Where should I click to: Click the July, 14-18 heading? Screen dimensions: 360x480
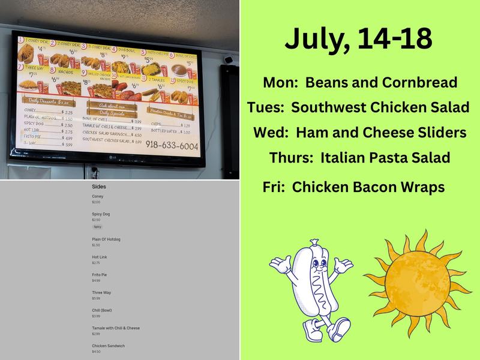tap(358, 38)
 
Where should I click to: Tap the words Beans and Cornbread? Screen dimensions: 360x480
tap(382, 83)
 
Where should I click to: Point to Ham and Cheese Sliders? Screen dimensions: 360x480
tap(381, 133)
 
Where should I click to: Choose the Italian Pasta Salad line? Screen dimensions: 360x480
tap(385, 158)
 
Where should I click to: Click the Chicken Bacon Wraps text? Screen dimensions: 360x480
tap(368, 187)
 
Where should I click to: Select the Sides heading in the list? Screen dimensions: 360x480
tap(99, 187)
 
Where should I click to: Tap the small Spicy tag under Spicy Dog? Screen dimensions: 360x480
tap(98, 227)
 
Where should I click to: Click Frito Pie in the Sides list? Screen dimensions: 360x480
tap(100, 275)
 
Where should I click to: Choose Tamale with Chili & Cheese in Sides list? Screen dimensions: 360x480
tap(116, 328)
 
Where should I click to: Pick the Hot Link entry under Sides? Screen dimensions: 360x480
tap(100, 257)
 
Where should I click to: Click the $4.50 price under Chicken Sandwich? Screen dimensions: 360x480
tap(96, 352)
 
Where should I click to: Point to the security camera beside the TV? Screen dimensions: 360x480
tap(228, 59)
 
